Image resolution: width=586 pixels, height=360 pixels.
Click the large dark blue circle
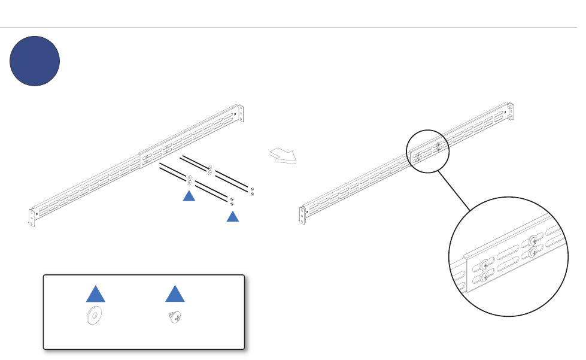pyautogui.click(x=35, y=61)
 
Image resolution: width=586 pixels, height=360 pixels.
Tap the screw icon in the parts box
pyautogui.click(x=174, y=317)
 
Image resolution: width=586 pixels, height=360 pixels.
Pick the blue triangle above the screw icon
pyautogui.click(x=174, y=294)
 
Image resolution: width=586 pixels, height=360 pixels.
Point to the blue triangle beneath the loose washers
pyautogui.click(x=189, y=196)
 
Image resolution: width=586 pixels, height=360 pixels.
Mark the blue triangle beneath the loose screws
pyautogui.click(x=232, y=217)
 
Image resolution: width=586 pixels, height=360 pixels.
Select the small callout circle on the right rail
pyautogui.click(x=427, y=150)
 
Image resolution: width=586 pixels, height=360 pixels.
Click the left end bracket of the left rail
pyautogui.click(x=32, y=216)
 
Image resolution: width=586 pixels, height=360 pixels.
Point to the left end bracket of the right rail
pyautogui.click(x=302, y=214)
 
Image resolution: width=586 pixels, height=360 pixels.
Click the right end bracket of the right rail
pyautogui.click(x=510, y=111)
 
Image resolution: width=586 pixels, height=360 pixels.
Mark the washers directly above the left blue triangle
pyautogui.click(x=189, y=179)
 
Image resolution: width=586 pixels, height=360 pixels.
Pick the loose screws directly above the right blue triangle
pyautogui.click(x=231, y=201)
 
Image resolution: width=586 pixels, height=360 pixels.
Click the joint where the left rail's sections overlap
pyautogui.click(x=141, y=161)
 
